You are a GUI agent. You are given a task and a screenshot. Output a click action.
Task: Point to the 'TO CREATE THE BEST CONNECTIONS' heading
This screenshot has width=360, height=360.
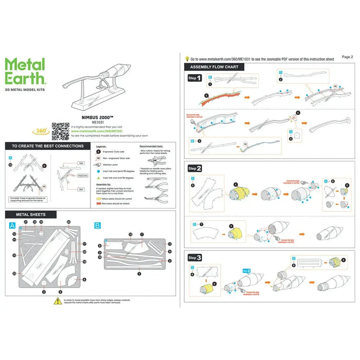click(47, 146)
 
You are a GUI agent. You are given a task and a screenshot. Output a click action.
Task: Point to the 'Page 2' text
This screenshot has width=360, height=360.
click(347, 57)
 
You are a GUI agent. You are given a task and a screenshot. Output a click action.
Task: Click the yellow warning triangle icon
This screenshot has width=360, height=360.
click(58, 301)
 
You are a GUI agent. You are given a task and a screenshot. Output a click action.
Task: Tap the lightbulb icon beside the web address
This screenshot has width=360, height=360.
click(187, 59)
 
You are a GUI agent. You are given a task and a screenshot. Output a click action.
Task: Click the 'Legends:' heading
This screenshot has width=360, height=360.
click(102, 147)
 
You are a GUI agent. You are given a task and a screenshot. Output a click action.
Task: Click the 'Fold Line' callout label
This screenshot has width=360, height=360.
click(81, 175)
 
